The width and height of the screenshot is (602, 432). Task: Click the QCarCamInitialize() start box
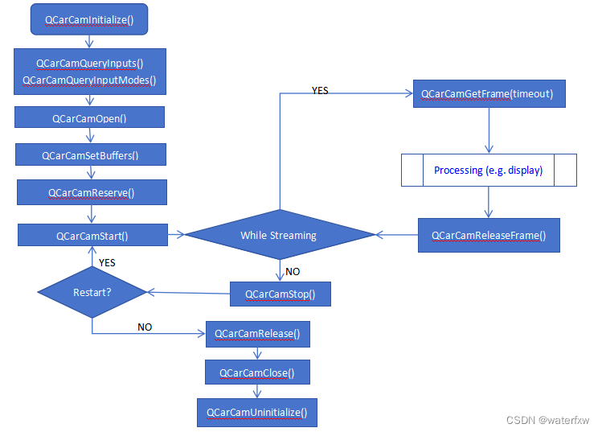[89, 19]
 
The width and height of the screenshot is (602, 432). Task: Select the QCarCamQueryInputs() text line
[89, 63]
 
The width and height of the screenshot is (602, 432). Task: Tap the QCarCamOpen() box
[89, 118]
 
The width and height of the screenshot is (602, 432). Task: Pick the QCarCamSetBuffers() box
[90, 155]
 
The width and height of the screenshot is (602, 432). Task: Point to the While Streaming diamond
[279, 235]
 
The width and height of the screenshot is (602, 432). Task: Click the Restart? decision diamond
[92, 291]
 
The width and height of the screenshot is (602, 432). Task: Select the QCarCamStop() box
[280, 294]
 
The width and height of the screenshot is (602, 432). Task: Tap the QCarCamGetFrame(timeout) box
[488, 94]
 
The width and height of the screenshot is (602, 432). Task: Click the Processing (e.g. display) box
[488, 171]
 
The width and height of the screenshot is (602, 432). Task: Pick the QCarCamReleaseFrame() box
[488, 236]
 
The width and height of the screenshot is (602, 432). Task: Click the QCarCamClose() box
[257, 372]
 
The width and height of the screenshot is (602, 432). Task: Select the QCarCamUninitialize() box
[256, 412]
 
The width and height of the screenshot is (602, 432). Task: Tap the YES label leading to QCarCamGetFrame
[319, 91]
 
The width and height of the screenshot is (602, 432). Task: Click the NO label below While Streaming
[293, 271]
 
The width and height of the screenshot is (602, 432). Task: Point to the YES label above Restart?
[106, 263]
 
